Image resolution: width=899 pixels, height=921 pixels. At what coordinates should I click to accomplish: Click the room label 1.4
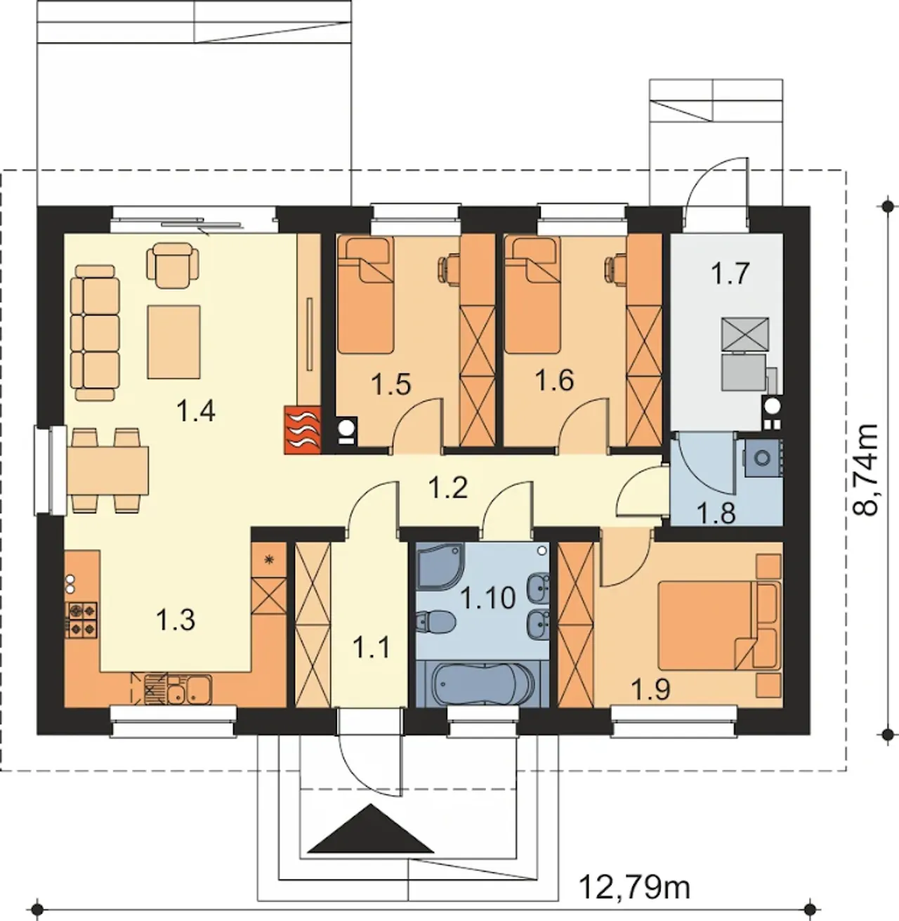195,410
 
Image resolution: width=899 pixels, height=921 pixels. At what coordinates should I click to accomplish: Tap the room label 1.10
488,598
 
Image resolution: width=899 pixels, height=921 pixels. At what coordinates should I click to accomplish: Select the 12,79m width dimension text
634,887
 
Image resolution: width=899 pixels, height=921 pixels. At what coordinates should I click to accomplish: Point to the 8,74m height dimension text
865,469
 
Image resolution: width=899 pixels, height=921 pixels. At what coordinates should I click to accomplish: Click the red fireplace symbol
303,430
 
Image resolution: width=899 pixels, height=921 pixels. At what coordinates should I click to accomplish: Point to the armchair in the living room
173,266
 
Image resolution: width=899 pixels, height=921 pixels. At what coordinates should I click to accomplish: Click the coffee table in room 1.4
173,341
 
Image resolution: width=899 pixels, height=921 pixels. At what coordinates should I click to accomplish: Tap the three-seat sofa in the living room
95,333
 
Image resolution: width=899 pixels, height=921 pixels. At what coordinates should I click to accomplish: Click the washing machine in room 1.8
762,457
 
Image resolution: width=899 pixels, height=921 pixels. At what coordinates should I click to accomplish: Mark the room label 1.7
730,273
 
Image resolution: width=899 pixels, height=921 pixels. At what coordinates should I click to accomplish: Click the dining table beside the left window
108,471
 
